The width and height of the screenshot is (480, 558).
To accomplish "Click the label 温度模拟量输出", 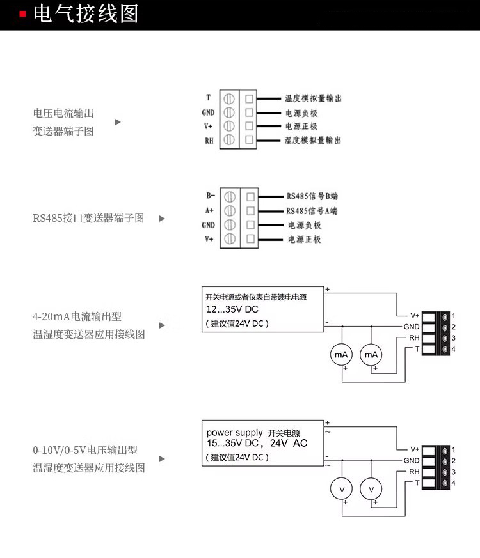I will (x=313, y=98).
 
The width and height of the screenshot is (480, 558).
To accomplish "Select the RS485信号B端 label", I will (x=312, y=197).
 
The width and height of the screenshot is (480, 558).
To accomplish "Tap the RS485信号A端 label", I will (x=312, y=211).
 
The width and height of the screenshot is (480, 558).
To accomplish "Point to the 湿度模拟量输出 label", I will (x=313, y=140).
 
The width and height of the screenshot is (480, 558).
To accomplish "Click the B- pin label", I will (x=210, y=196).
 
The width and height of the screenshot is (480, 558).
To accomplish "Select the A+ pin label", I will (x=209, y=210).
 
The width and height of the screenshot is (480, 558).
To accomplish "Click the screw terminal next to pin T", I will (x=229, y=98).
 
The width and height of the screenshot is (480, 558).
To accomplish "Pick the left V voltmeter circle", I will (x=341, y=489).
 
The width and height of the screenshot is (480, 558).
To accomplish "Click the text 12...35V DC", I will (x=228, y=310).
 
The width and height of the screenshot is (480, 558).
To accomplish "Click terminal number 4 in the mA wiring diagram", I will (x=453, y=349).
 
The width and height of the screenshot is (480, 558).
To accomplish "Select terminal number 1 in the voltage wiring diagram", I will (x=453, y=449).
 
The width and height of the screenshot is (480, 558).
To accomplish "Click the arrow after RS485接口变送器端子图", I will (x=162, y=219).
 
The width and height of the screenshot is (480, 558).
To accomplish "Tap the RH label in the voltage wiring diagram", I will (x=414, y=472).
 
